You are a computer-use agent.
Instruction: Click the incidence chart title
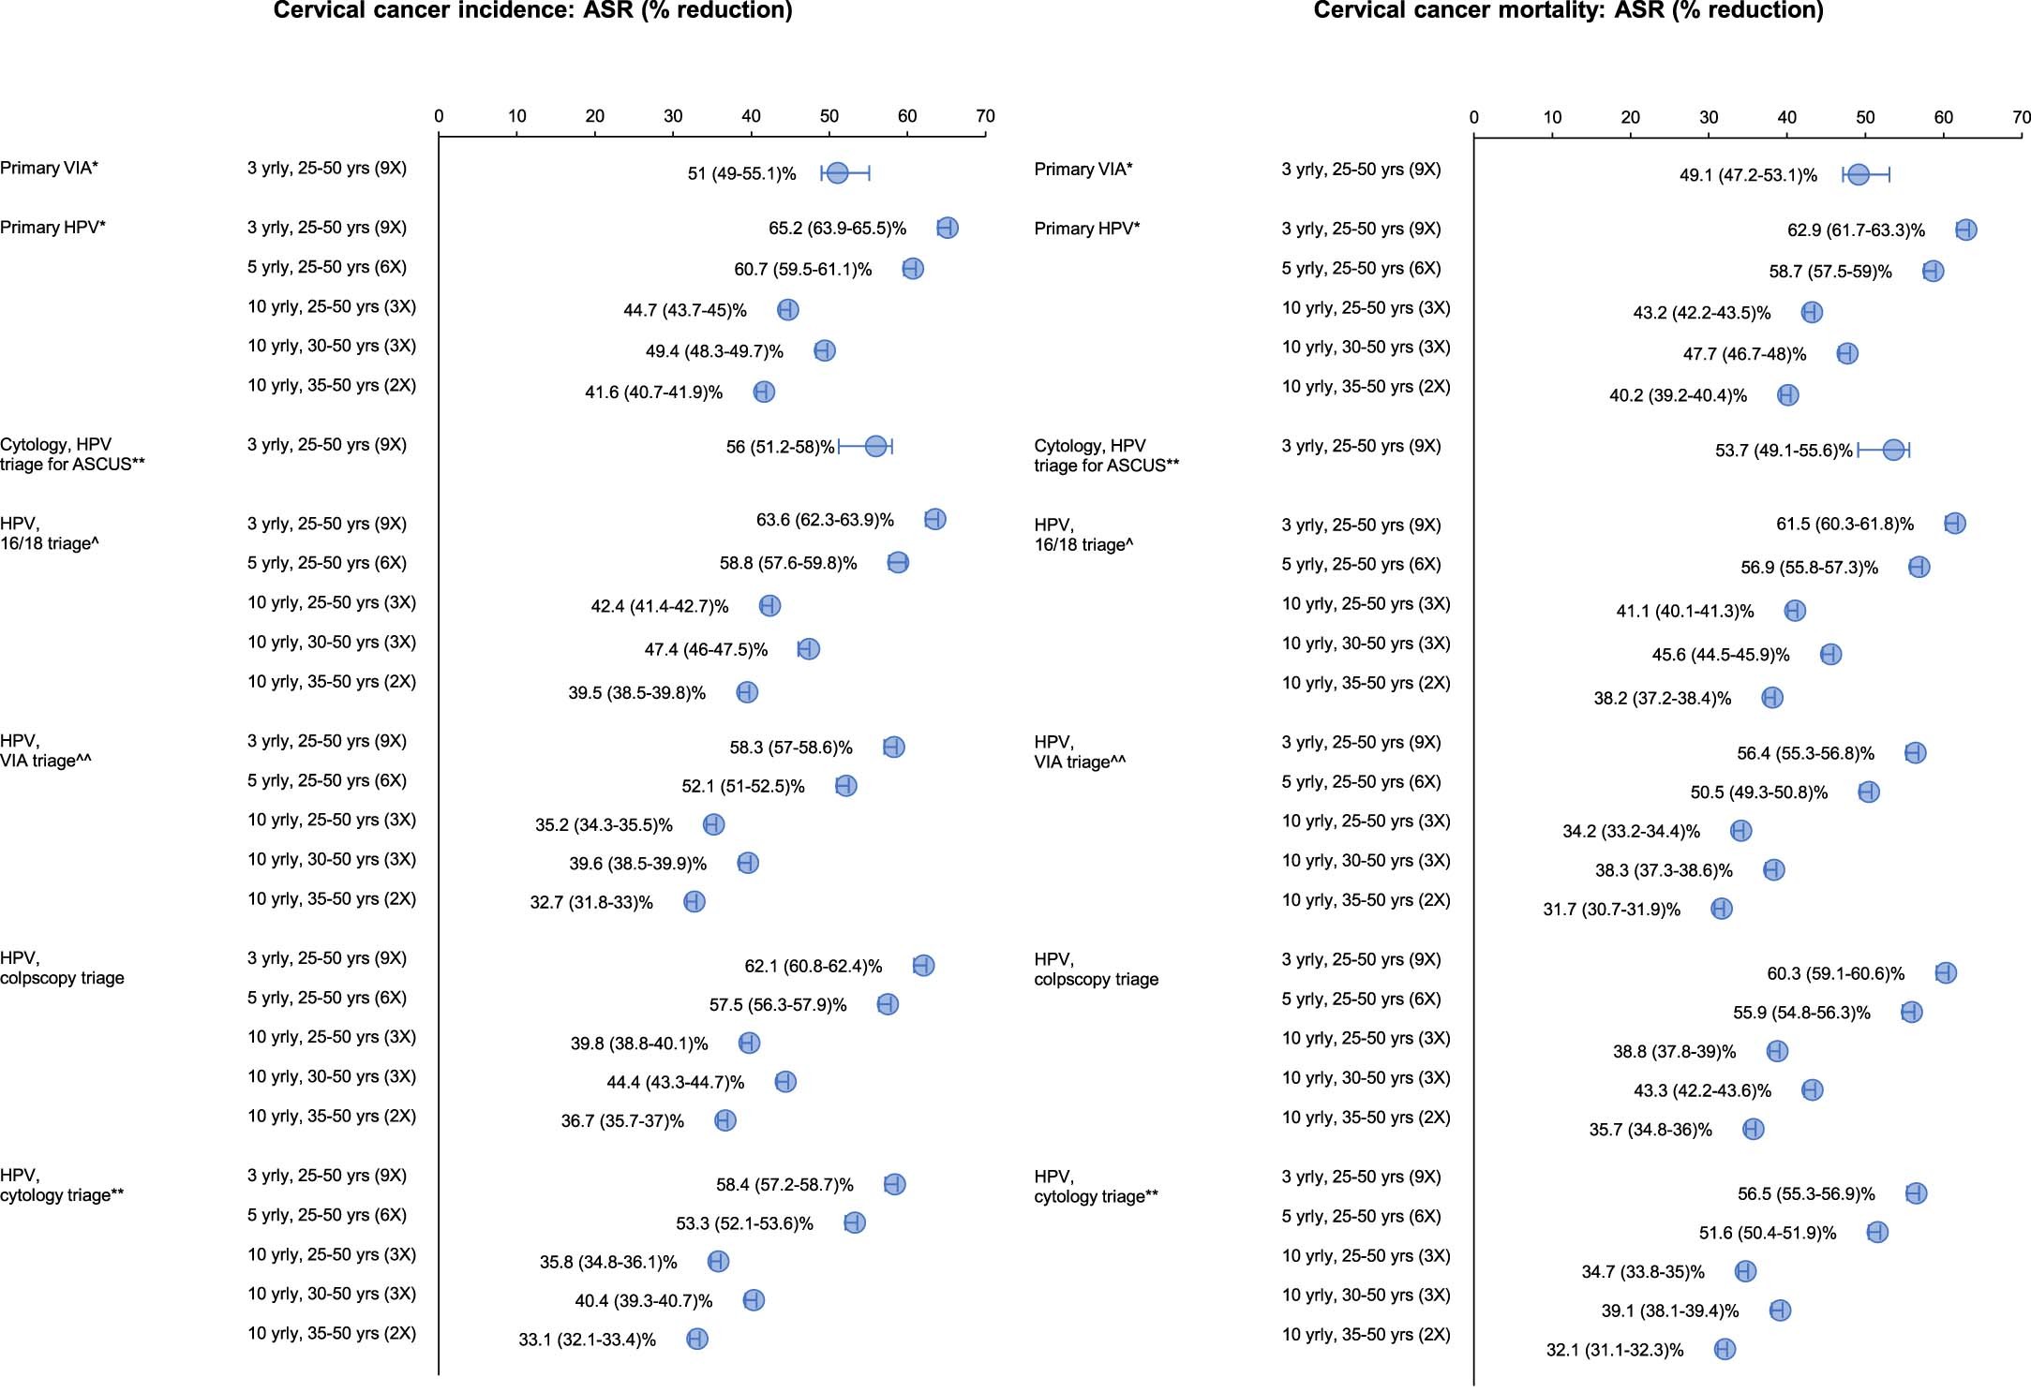[x=532, y=10]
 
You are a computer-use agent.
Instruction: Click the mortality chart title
[x=1568, y=10]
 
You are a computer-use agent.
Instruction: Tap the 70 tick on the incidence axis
[x=985, y=116]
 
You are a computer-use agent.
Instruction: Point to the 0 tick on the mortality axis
[x=1474, y=118]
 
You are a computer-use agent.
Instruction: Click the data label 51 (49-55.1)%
[x=741, y=174]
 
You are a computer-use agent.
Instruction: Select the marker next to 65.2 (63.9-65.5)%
[x=947, y=228]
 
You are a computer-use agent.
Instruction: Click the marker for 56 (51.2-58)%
[x=875, y=446]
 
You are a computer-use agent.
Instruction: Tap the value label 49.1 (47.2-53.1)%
[x=1748, y=175]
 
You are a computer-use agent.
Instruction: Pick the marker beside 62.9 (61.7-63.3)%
[x=1965, y=230]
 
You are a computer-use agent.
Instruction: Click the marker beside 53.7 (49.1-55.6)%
[x=1893, y=450]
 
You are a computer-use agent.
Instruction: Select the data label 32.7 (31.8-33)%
[x=591, y=903]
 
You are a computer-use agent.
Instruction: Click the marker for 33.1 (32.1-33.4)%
[x=696, y=1339]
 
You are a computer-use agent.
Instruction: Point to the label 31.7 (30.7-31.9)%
[x=1612, y=910]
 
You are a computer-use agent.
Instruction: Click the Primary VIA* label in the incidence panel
[x=50, y=169]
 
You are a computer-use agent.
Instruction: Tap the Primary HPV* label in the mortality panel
[x=1087, y=229]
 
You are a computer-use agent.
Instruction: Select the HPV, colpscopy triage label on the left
[x=62, y=968]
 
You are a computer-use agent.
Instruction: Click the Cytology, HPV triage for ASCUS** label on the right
[x=1106, y=456]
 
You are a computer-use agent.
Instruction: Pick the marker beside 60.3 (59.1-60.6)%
[x=1945, y=972]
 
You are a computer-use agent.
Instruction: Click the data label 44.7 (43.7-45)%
[x=685, y=310]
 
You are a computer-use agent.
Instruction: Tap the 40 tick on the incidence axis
[x=751, y=116]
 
